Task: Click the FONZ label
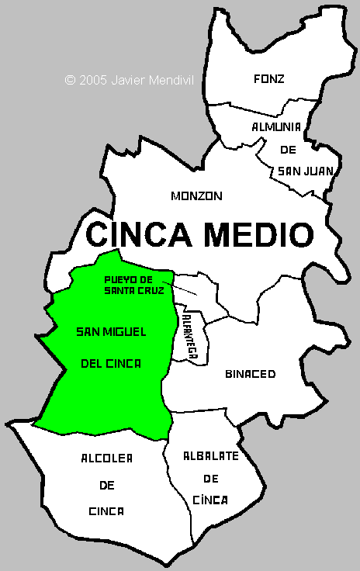pos(269,78)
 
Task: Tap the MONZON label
pos(196,196)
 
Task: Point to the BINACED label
pos(251,374)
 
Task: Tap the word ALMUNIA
pos(275,126)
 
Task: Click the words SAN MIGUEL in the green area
pos(112,332)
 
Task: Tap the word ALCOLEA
pos(106,459)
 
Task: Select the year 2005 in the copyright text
pos(94,79)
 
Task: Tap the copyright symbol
pos(70,79)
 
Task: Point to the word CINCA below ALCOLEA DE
pos(106,512)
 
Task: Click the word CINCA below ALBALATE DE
pos(209,500)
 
